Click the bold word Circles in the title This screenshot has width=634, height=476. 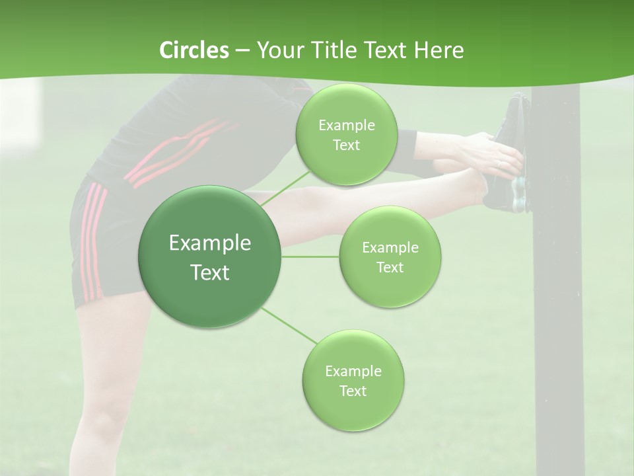[x=194, y=50]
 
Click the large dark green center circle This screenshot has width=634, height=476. [x=209, y=257]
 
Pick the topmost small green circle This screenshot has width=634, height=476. [x=346, y=134]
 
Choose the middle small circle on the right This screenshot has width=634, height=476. [x=390, y=257]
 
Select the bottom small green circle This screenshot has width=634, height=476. [x=353, y=380]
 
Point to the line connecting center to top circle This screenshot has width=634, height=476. [x=285, y=188]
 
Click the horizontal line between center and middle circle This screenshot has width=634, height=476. [x=310, y=257]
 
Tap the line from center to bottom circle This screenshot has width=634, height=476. [x=288, y=325]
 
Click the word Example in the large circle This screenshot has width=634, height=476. [x=209, y=243]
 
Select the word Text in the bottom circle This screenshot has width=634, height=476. [x=353, y=391]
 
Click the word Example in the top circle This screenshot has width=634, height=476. [x=346, y=125]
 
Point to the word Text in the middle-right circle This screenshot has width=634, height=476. [x=390, y=267]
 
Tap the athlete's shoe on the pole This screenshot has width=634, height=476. [x=512, y=152]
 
